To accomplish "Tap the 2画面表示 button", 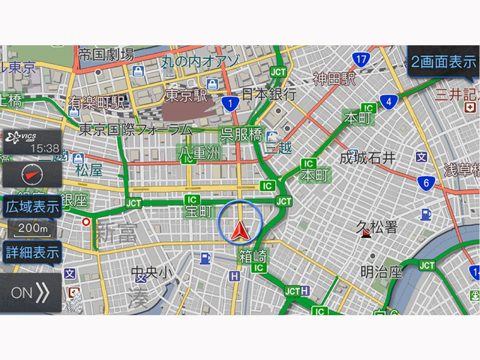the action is point(444,62).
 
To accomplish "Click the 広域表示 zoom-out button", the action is point(32,207).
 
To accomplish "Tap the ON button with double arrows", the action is point(30,293).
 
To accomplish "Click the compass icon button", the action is point(32,174).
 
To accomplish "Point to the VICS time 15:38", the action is point(44,148).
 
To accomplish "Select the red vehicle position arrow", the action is point(240,231).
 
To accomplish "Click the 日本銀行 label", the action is point(269,94).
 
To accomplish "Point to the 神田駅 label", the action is point(334,79).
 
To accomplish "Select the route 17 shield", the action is point(361,59).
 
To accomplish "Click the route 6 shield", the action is point(426,183).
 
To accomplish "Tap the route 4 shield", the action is point(388,102).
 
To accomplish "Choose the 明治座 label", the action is point(381,272).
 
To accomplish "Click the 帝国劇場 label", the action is point(106,55).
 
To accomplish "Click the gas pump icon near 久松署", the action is point(426,215).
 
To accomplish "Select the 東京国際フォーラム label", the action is point(136,130).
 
